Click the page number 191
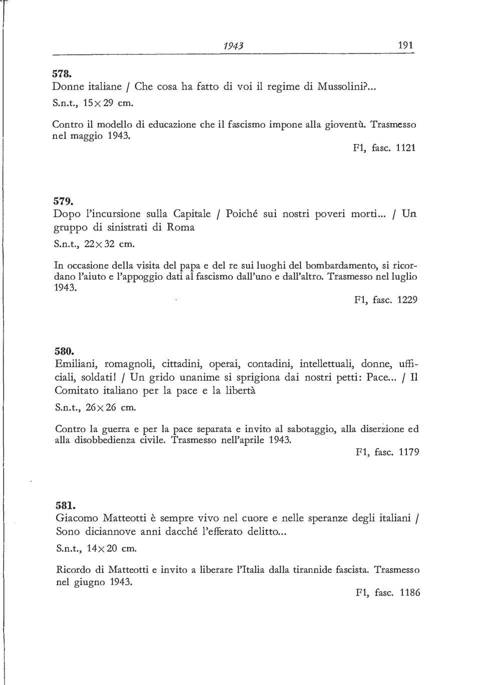click(x=406, y=45)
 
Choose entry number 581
click(x=64, y=505)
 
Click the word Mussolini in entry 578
click(x=340, y=86)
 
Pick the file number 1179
click(x=409, y=452)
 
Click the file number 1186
click(x=409, y=593)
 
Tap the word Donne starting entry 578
click(x=67, y=86)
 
